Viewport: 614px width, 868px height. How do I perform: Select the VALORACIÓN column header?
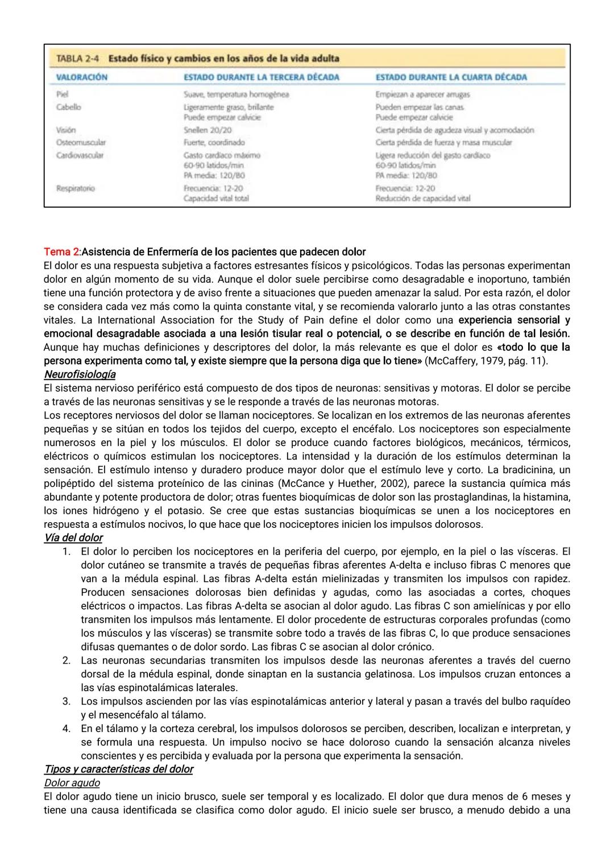[x=82, y=77]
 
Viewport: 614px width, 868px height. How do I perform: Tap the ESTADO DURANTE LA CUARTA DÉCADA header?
[x=451, y=77]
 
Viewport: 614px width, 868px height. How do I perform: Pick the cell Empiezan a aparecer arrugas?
[x=422, y=94]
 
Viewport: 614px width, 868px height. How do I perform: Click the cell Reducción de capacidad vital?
[x=422, y=199]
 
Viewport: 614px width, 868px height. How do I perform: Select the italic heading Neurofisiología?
[x=80, y=374]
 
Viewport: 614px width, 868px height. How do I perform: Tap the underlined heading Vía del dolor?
[x=73, y=538]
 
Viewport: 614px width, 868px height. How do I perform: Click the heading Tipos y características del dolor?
[x=118, y=769]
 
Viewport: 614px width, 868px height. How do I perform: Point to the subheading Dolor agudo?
[x=72, y=783]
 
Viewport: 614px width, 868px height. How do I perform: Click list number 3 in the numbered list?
[x=67, y=701]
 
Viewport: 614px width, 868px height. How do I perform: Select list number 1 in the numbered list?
[x=67, y=551]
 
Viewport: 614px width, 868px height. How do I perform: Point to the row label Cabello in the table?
[x=68, y=107]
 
